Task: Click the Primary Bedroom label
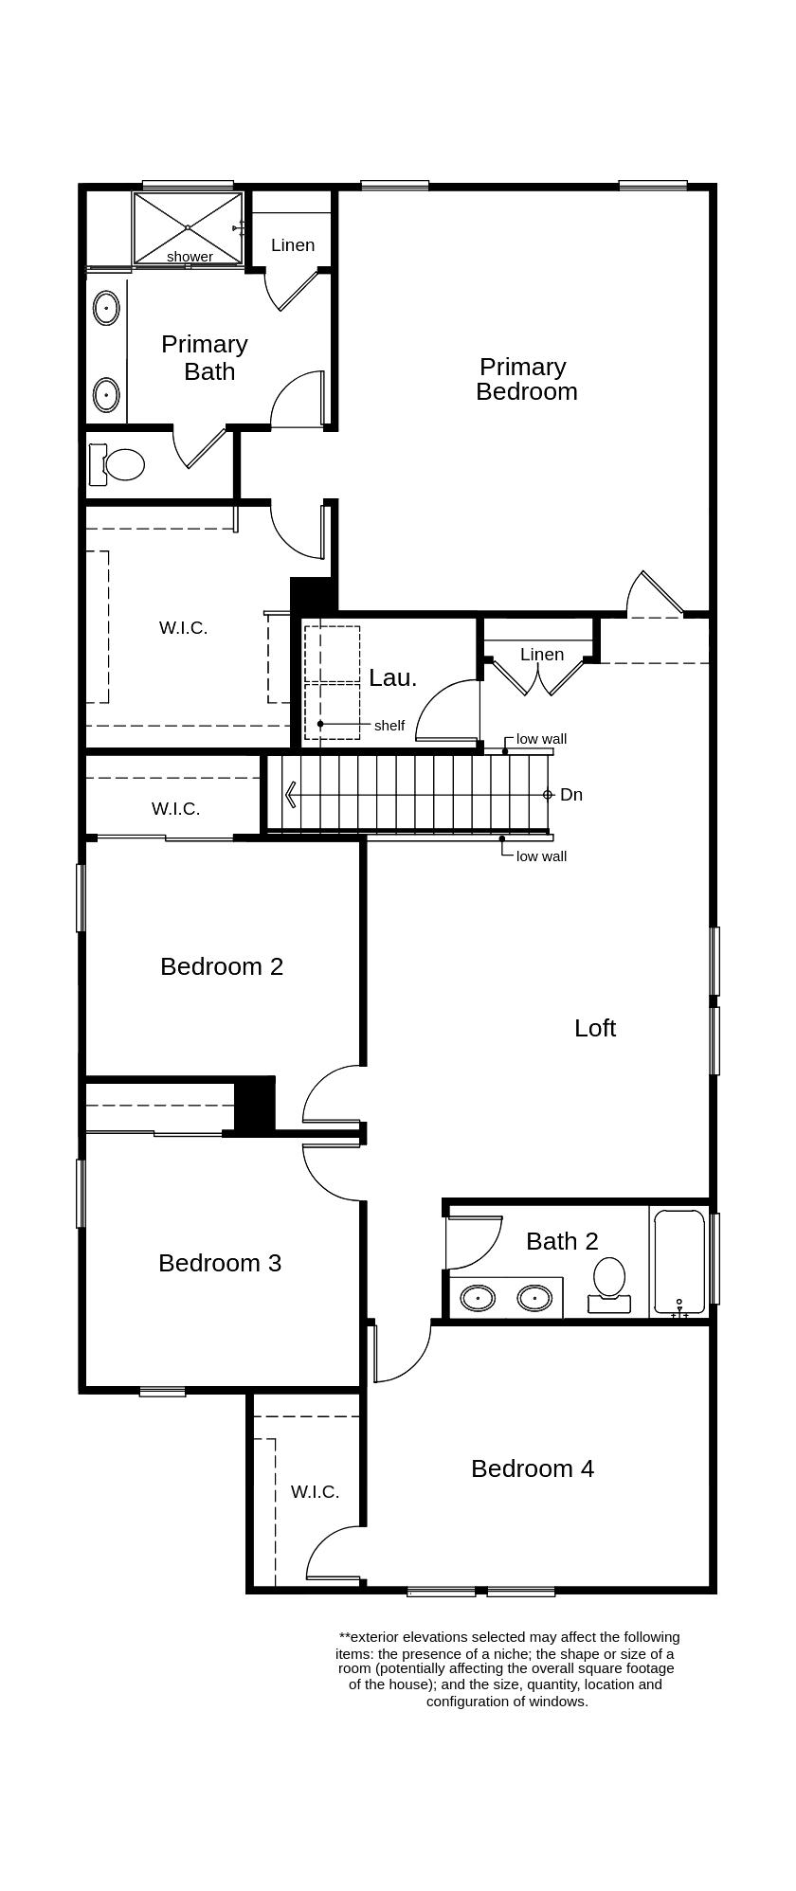(526, 379)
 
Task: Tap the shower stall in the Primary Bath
(188, 227)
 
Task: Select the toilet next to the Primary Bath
(122, 464)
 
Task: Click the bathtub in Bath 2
(679, 1261)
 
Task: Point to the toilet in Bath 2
(609, 1282)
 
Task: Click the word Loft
(595, 1028)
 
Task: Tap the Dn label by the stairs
(571, 795)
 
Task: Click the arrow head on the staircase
(290, 795)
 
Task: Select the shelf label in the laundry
(389, 726)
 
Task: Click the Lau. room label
(392, 677)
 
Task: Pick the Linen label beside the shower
(293, 245)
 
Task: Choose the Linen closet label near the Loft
(542, 655)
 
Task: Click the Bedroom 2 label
(222, 966)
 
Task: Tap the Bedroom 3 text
(220, 1263)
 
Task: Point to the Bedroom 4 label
(533, 1468)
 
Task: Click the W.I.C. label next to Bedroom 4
(315, 1492)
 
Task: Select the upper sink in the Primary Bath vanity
(106, 308)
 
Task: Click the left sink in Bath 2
(478, 1297)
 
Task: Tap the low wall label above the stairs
(541, 739)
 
